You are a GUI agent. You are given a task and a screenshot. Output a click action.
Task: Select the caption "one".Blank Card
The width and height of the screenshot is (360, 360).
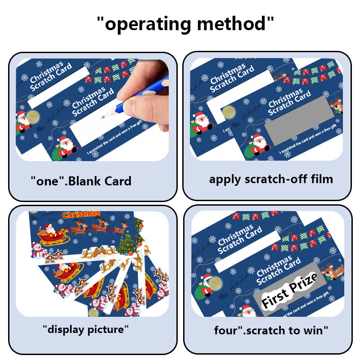coord(81,181)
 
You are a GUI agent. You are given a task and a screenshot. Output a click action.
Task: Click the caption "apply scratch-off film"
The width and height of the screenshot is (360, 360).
coord(271,179)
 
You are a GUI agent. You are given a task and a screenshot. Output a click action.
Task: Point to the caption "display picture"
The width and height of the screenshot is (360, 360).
coord(85,329)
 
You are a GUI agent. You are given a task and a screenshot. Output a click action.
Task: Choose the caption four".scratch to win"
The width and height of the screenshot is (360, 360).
coord(271,331)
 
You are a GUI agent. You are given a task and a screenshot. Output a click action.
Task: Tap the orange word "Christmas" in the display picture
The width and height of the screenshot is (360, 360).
coord(81,215)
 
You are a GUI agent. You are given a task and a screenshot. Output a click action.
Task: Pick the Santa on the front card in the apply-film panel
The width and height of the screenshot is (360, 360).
coord(258,144)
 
